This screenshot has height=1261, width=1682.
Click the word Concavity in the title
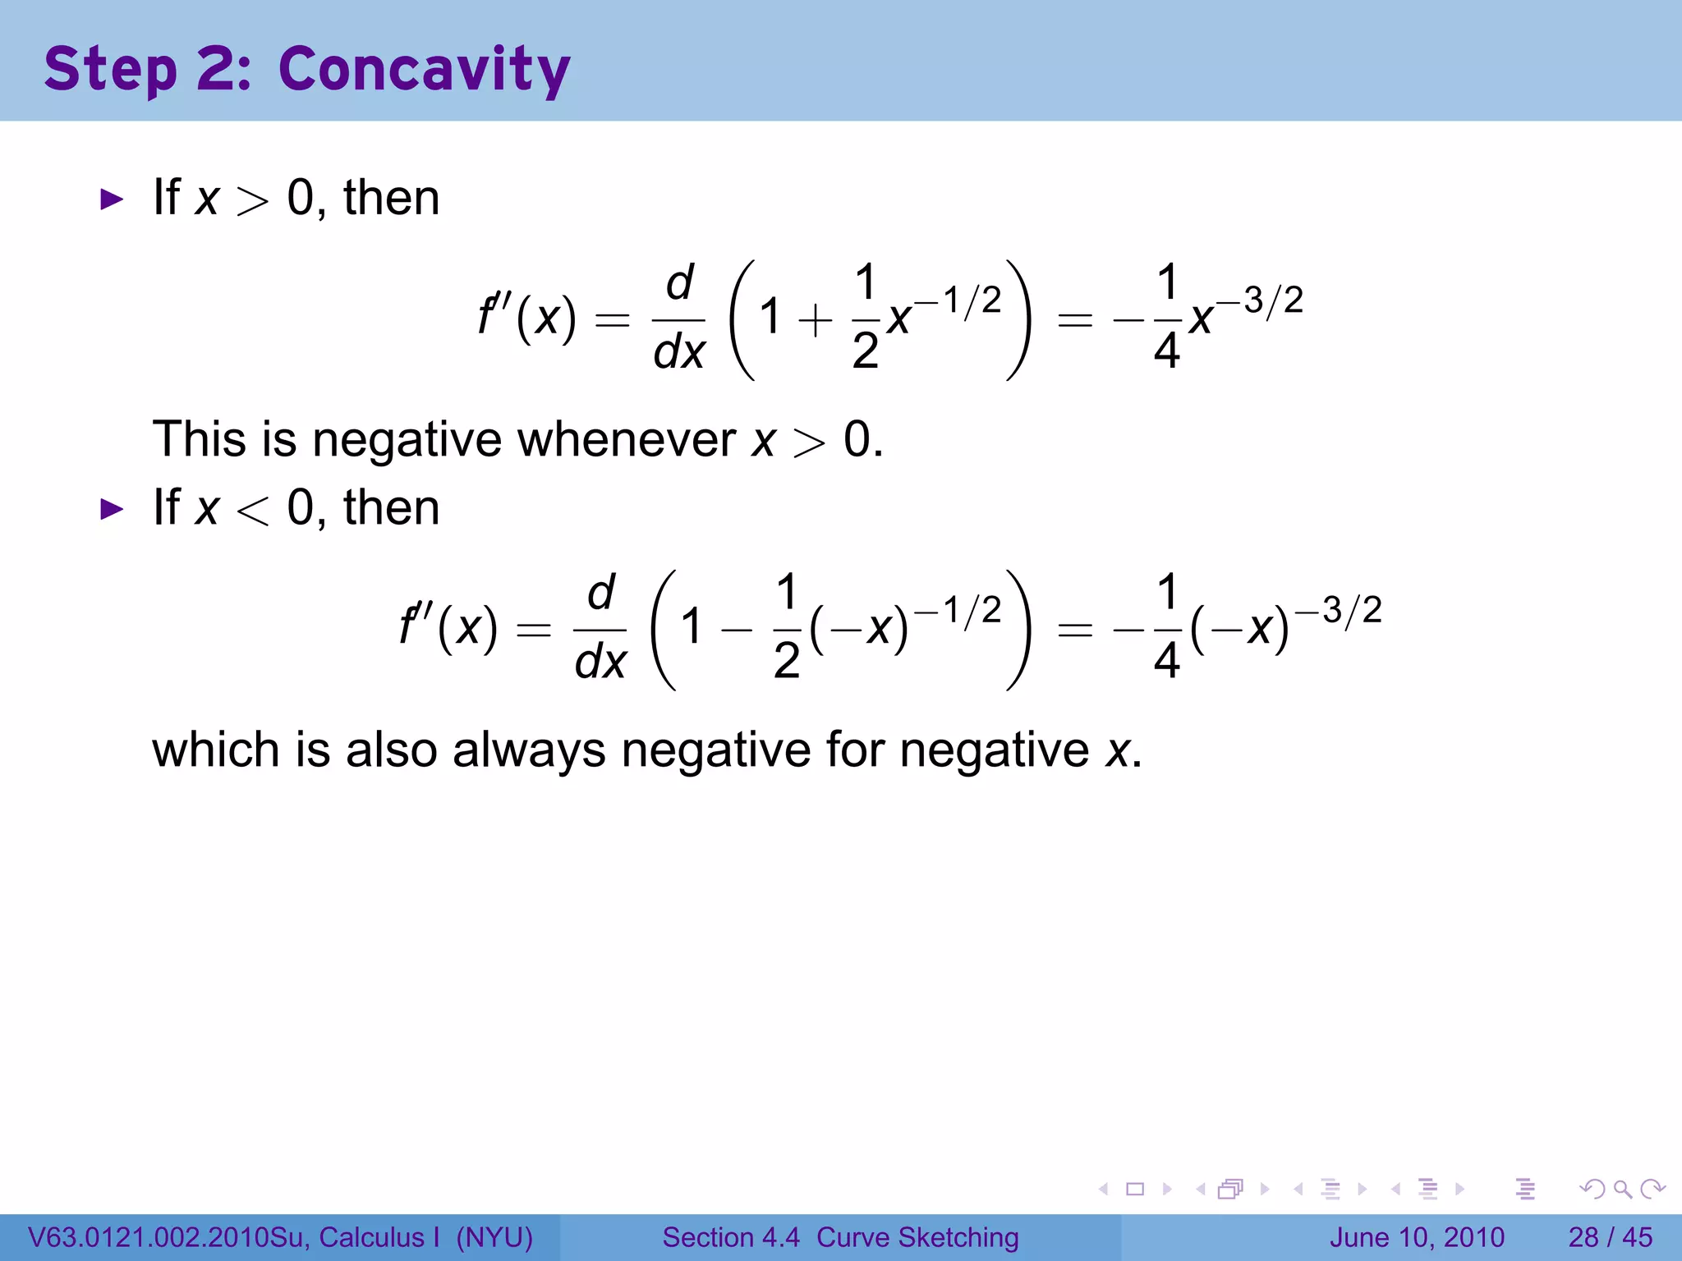pos(424,70)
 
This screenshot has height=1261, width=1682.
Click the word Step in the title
pos(110,70)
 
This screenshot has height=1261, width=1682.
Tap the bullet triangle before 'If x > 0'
pos(111,199)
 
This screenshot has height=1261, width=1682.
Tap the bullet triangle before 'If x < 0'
pos(111,509)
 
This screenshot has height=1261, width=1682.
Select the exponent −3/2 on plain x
pos(1261,300)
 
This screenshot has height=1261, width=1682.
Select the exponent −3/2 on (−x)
pos(1339,610)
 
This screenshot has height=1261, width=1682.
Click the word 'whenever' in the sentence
pos(627,439)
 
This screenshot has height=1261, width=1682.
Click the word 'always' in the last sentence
pos(529,750)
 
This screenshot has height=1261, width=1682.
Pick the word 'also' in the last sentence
pos(391,750)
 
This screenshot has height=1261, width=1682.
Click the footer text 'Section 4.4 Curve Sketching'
pos(840,1237)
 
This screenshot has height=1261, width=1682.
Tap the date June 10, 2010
pos(1417,1237)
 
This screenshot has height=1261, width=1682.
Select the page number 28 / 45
pos(1610,1237)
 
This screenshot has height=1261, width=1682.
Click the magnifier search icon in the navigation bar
pos(1622,1189)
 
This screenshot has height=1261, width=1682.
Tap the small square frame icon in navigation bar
pos(1135,1189)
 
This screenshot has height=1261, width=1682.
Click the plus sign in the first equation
pos(815,319)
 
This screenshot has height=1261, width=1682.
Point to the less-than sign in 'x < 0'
pos(252,511)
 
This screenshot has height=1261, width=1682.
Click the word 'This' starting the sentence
pos(199,439)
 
